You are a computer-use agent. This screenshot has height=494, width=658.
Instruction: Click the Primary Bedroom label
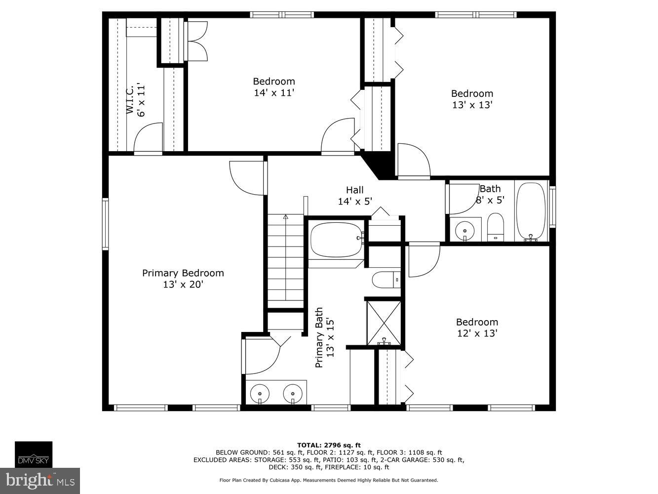pos(183,273)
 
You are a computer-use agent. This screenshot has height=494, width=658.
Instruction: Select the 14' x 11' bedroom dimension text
pos(274,92)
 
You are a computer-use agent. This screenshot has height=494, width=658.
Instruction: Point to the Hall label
pos(354,190)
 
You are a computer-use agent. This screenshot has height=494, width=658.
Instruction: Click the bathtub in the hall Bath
pos(531,211)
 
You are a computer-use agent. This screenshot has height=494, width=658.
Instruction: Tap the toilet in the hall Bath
pos(495,227)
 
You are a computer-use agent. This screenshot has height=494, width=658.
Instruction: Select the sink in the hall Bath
pos(464,229)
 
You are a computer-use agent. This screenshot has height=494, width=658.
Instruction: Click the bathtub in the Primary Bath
pos(336,239)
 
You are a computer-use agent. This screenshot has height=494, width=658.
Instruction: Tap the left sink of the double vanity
pos(260,394)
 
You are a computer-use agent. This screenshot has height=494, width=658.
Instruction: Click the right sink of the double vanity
pos(292,394)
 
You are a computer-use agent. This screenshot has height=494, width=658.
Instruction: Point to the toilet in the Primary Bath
pos(386,280)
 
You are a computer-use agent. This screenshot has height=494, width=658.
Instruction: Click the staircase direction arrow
pos(285,217)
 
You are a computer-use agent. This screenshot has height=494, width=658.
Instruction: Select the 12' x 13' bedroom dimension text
pos(477,333)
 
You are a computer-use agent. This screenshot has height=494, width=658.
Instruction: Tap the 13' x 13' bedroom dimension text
pos(472,105)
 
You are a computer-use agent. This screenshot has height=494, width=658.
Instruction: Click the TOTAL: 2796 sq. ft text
pos(329,445)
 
